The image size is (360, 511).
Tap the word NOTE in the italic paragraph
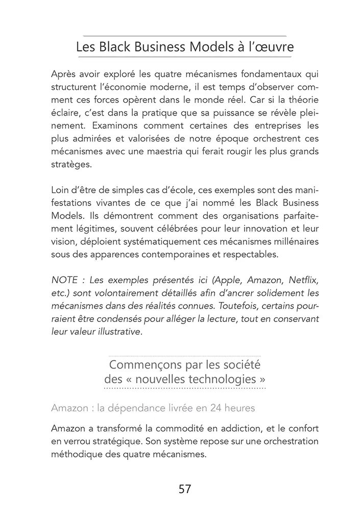click(65, 281)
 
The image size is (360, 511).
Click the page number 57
click(185, 489)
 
